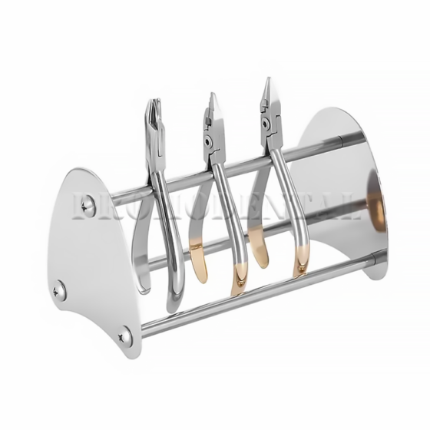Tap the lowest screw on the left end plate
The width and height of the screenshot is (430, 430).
tap(124, 336)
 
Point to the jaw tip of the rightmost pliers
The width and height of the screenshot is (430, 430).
tap(266, 82)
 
